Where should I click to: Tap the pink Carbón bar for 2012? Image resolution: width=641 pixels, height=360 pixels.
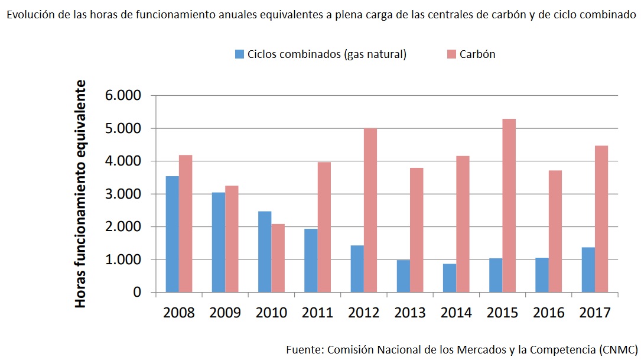(x=370, y=210)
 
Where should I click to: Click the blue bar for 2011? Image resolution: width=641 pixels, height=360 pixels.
(x=311, y=260)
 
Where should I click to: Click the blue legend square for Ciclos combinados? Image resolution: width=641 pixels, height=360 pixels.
(x=239, y=54)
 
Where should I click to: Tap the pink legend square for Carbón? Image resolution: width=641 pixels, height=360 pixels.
(x=451, y=54)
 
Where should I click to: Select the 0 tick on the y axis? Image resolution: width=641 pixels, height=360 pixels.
(x=137, y=293)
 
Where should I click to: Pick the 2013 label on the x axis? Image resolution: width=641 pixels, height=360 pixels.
(x=409, y=312)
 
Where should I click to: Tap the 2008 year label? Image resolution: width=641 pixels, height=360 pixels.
(x=178, y=312)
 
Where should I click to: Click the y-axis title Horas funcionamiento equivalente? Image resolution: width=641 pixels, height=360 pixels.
(x=80, y=194)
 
